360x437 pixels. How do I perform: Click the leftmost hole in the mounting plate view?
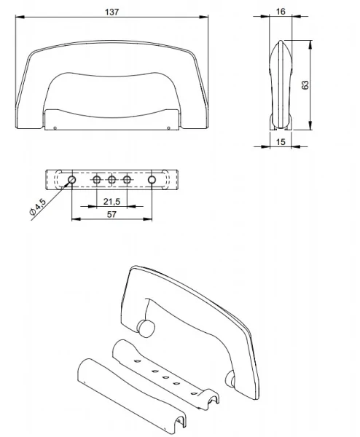click(72, 178)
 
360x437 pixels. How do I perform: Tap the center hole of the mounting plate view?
click(111, 178)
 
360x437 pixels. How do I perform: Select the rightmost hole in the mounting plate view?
click(152, 178)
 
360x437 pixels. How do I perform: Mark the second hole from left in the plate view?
click(96, 178)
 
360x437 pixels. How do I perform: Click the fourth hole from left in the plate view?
click(128, 178)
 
